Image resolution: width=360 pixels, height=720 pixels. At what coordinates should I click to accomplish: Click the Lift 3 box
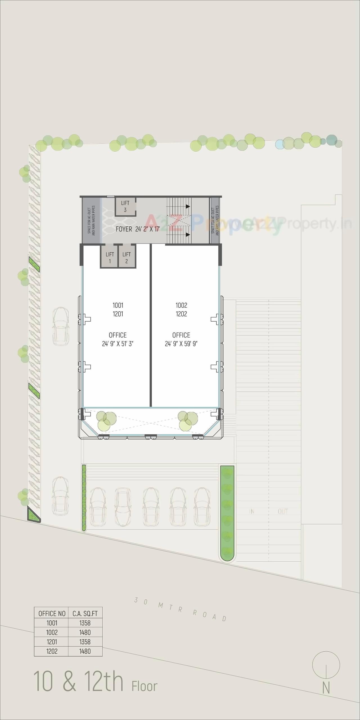(125, 206)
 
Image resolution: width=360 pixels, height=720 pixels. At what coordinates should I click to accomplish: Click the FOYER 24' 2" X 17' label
(138, 229)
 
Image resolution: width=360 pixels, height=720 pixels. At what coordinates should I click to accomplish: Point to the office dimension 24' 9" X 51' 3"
(118, 344)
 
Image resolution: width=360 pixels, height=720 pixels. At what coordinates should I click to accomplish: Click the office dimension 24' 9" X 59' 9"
(181, 344)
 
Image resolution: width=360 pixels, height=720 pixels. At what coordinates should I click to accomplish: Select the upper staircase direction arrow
(188, 206)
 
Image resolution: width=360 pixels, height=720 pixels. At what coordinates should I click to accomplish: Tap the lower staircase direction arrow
(188, 235)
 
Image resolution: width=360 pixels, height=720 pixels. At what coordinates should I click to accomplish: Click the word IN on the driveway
(251, 512)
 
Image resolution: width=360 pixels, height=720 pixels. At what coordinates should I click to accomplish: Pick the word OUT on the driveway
(283, 512)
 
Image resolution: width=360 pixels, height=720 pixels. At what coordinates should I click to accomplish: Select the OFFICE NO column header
(52, 613)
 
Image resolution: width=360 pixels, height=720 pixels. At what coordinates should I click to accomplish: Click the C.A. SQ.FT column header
(85, 613)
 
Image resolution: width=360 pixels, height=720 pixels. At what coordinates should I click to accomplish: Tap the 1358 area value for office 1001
(85, 623)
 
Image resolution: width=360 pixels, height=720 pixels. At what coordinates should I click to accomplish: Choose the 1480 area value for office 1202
(85, 651)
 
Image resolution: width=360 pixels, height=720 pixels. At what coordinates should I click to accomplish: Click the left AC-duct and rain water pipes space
(91, 220)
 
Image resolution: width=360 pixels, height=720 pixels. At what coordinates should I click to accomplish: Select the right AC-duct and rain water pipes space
(215, 220)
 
